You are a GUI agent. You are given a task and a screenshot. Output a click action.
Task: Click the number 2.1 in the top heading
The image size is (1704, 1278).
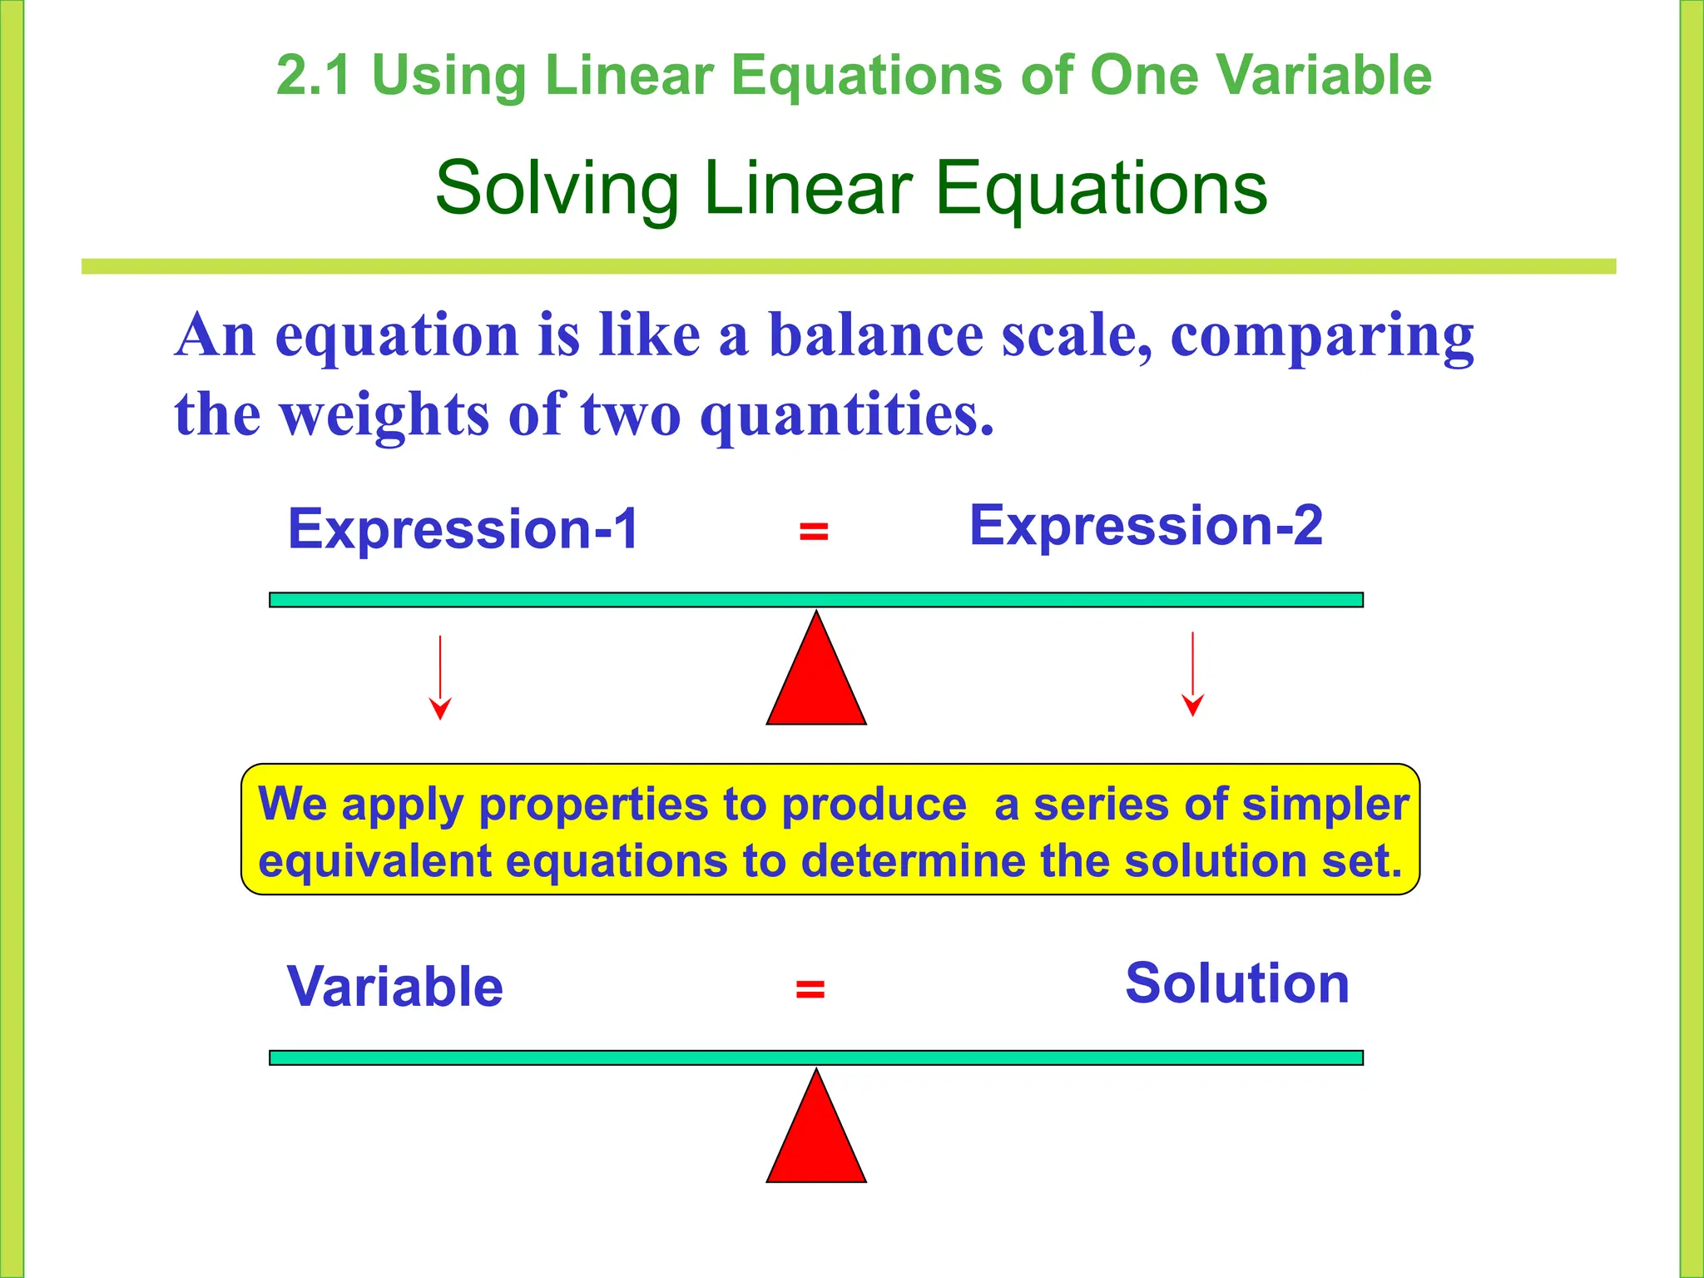[x=313, y=76]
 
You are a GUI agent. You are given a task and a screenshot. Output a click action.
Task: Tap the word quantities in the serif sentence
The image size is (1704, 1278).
[x=846, y=414]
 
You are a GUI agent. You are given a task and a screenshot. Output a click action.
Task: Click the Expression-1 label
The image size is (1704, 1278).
[x=463, y=529]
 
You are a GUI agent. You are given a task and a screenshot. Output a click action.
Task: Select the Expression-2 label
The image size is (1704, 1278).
[x=1146, y=525]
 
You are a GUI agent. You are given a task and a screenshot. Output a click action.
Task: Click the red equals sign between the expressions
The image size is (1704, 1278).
[x=813, y=531]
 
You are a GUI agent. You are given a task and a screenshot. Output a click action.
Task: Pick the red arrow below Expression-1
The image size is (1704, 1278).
[x=440, y=677]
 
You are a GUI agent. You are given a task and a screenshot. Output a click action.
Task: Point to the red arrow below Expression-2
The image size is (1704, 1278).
[x=1192, y=674]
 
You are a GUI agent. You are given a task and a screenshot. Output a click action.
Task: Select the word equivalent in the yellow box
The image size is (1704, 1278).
[x=374, y=860]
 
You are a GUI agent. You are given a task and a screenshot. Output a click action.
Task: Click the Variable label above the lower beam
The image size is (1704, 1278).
[x=394, y=987]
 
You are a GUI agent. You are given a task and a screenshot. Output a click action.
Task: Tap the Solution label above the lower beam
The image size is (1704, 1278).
[x=1236, y=983]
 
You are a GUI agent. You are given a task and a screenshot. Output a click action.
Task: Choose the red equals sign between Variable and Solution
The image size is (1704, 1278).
[x=810, y=989]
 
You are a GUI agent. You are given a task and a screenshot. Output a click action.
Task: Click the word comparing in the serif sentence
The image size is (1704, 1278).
[x=1322, y=336]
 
